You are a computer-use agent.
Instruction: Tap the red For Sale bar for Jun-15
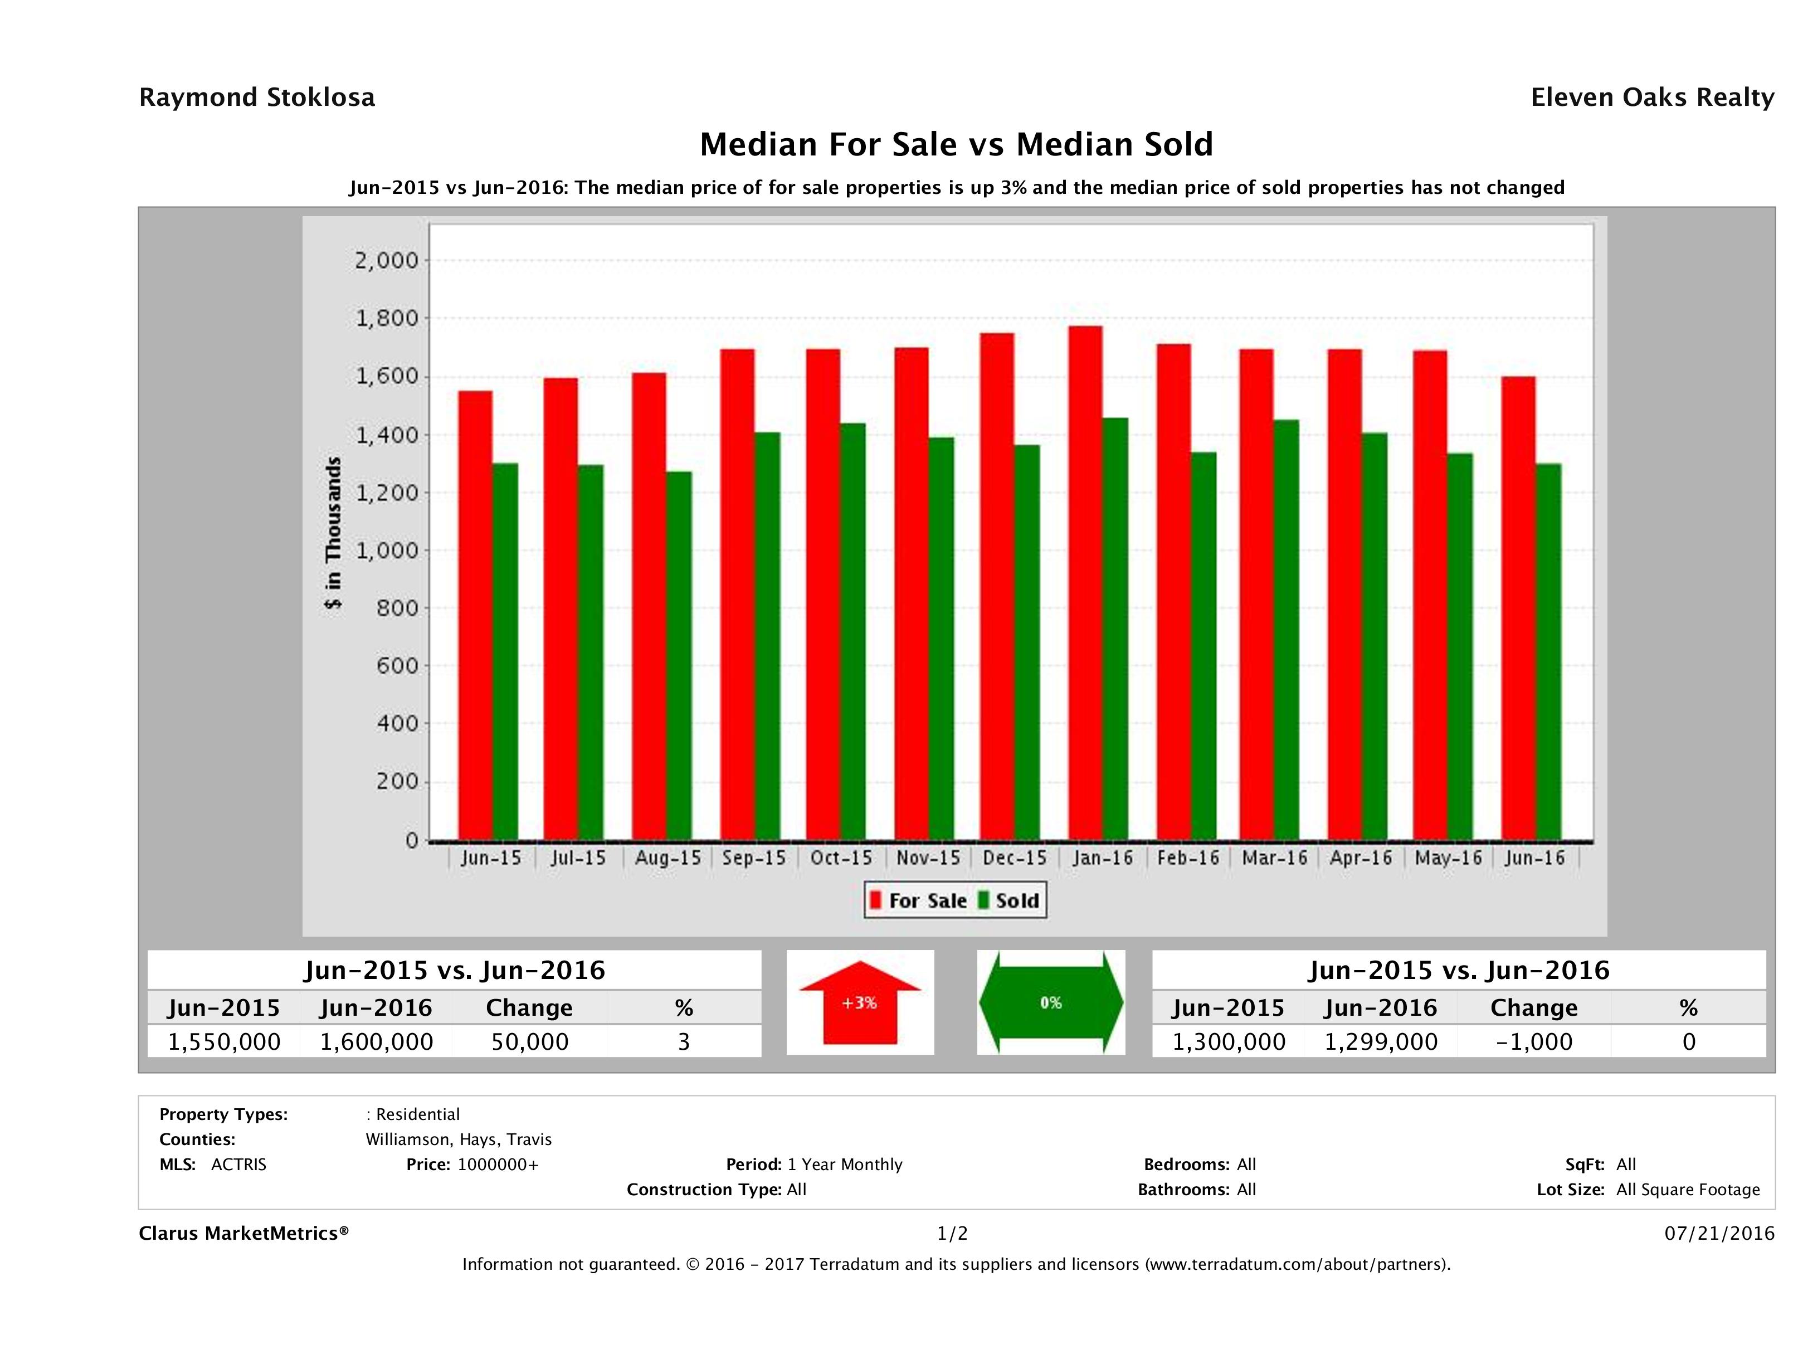(475, 615)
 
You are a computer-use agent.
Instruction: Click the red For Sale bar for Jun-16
(1518, 608)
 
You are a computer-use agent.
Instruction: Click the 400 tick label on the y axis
(397, 723)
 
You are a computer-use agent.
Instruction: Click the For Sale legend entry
(919, 900)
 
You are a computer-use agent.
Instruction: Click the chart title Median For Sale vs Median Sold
(956, 145)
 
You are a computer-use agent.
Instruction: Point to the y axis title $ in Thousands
(333, 533)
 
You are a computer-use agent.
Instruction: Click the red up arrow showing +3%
(860, 1003)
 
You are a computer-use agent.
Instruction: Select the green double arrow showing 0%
(1051, 1003)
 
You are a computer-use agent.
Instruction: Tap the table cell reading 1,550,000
(225, 1042)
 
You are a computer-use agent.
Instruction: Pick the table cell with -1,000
(1534, 1042)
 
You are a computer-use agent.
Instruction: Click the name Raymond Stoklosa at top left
(257, 98)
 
